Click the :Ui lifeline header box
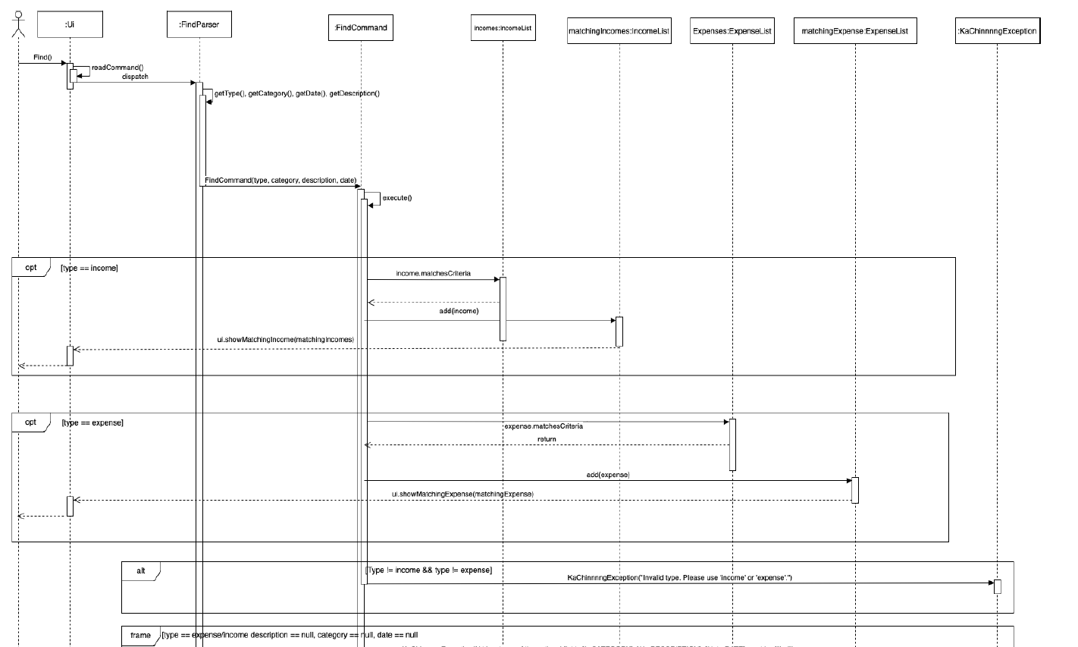(x=69, y=24)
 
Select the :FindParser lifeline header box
(x=199, y=24)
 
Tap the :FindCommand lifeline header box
(x=361, y=27)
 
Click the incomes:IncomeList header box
(x=503, y=28)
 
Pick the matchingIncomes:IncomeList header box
(x=619, y=31)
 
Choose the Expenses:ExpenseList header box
(x=732, y=31)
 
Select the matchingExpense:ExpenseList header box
(x=854, y=31)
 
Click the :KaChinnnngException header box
(x=997, y=31)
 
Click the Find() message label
(x=42, y=58)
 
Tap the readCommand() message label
(x=118, y=68)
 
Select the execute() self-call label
(x=396, y=197)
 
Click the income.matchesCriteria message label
(x=428, y=273)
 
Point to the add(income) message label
(x=459, y=311)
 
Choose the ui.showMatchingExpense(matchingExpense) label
(x=462, y=494)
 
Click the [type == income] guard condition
(x=89, y=269)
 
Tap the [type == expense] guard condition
(x=92, y=422)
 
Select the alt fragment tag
(x=141, y=570)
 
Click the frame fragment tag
(x=140, y=635)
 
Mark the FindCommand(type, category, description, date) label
(x=280, y=181)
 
